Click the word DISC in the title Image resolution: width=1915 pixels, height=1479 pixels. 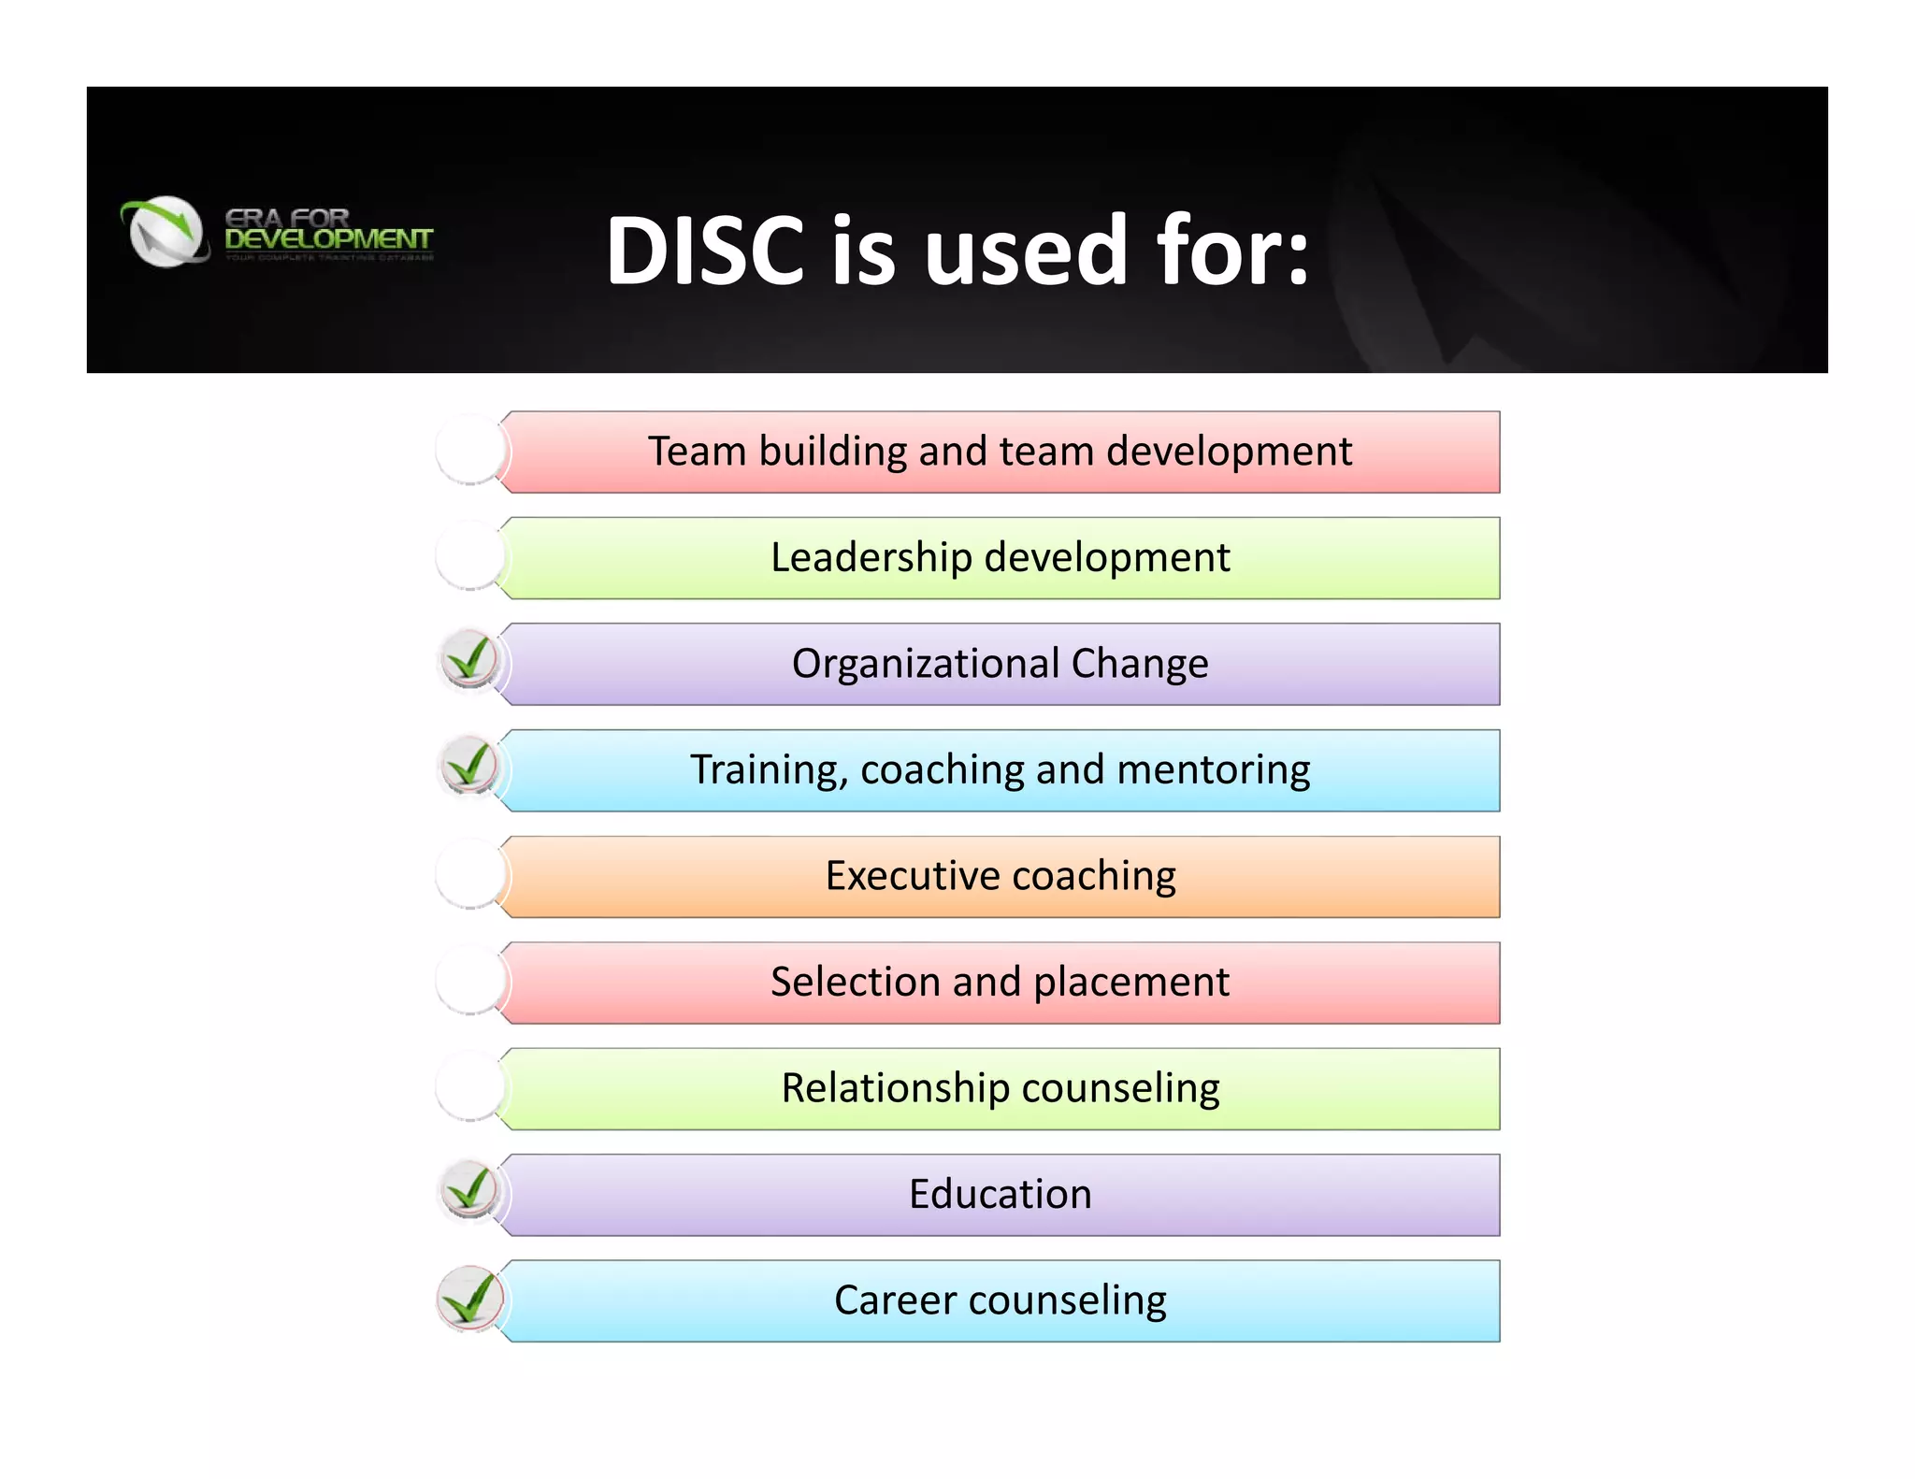[705, 251]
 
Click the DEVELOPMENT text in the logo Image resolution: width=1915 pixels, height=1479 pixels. [328, 239]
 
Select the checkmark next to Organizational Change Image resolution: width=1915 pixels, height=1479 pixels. [469, 661]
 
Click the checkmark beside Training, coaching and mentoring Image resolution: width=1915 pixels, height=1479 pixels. [469, 767]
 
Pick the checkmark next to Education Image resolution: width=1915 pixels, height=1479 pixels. [469, 1191]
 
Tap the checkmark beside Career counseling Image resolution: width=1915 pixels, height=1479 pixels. [469, 1298]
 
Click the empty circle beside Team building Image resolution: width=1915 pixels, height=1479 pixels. [470, 451]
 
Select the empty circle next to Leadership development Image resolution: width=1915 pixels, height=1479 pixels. [470, 556]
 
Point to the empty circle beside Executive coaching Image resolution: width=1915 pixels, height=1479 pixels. [470, 875]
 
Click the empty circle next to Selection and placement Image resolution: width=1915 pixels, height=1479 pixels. [470, 981]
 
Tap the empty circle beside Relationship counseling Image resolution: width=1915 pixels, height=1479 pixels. [470, 1086]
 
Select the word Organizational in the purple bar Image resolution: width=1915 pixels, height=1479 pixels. [926, 664]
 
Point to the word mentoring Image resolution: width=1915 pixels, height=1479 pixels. [1213, 770]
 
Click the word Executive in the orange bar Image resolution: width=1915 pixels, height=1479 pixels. [913, 876]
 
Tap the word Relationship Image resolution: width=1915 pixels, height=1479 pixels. [895, 1088]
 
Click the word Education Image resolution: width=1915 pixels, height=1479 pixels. [1001, 1195]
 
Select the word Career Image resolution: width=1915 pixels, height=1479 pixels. [895, 1300]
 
